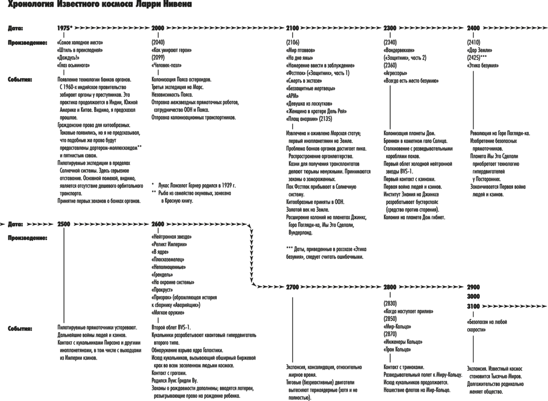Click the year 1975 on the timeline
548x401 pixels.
pos(64,28)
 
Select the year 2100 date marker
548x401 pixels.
pos(292,28)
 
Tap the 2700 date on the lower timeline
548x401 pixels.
pos(292,287)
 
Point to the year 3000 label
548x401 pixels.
pos(473,296)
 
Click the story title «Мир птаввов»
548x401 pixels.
pos(300,50)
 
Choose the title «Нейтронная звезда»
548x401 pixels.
pos(171,237)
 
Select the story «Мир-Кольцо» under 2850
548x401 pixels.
pos(397,326)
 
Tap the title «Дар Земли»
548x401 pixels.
pos(479,50)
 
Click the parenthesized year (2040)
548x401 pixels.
pos(158,43)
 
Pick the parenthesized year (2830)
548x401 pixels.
pos(390,303)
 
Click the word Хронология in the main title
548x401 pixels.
pos(31,4)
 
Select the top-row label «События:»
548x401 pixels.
pos(20,80)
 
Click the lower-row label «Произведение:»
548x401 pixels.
pos(27,238)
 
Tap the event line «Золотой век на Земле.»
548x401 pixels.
pos(308,210)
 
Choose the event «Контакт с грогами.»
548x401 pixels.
pos(169,373)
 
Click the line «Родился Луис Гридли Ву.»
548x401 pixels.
pos(174,381)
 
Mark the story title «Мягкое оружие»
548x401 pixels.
pos(168,313)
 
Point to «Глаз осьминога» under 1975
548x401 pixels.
pos(73,65)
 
